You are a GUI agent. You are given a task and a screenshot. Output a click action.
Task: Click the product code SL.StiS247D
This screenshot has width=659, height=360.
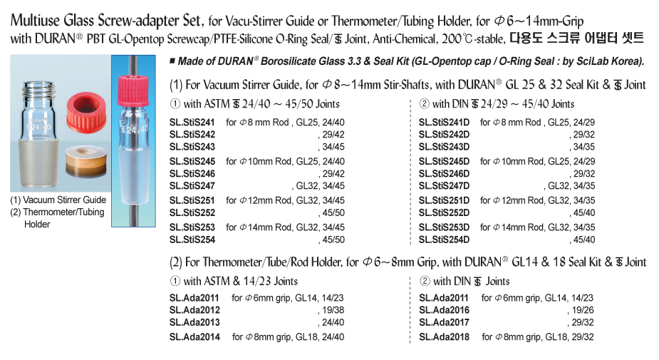tap(445, 185)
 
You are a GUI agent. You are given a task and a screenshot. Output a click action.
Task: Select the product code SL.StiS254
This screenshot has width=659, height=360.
tap(192, 239)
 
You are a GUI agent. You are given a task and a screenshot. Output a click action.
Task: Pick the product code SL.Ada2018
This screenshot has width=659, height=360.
tap(444, 336)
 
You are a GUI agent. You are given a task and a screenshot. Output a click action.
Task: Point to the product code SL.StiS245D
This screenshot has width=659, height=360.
tap(445, 161)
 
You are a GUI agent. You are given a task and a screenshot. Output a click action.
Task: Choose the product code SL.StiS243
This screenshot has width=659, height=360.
tap(192, 146)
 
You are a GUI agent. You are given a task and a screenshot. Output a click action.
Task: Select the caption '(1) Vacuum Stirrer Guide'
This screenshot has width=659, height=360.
tap(58, 200)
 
